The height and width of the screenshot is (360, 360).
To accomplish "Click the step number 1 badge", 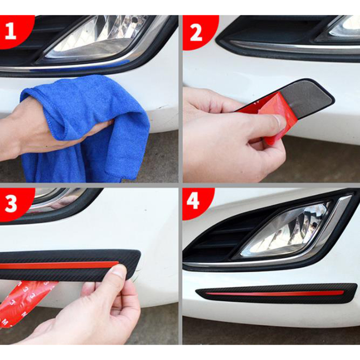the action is click(x=11, y=31).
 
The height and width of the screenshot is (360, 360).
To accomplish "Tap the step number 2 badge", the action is click(x=198, y=32).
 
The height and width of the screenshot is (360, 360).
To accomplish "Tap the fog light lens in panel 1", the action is click(x=96, y=37).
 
